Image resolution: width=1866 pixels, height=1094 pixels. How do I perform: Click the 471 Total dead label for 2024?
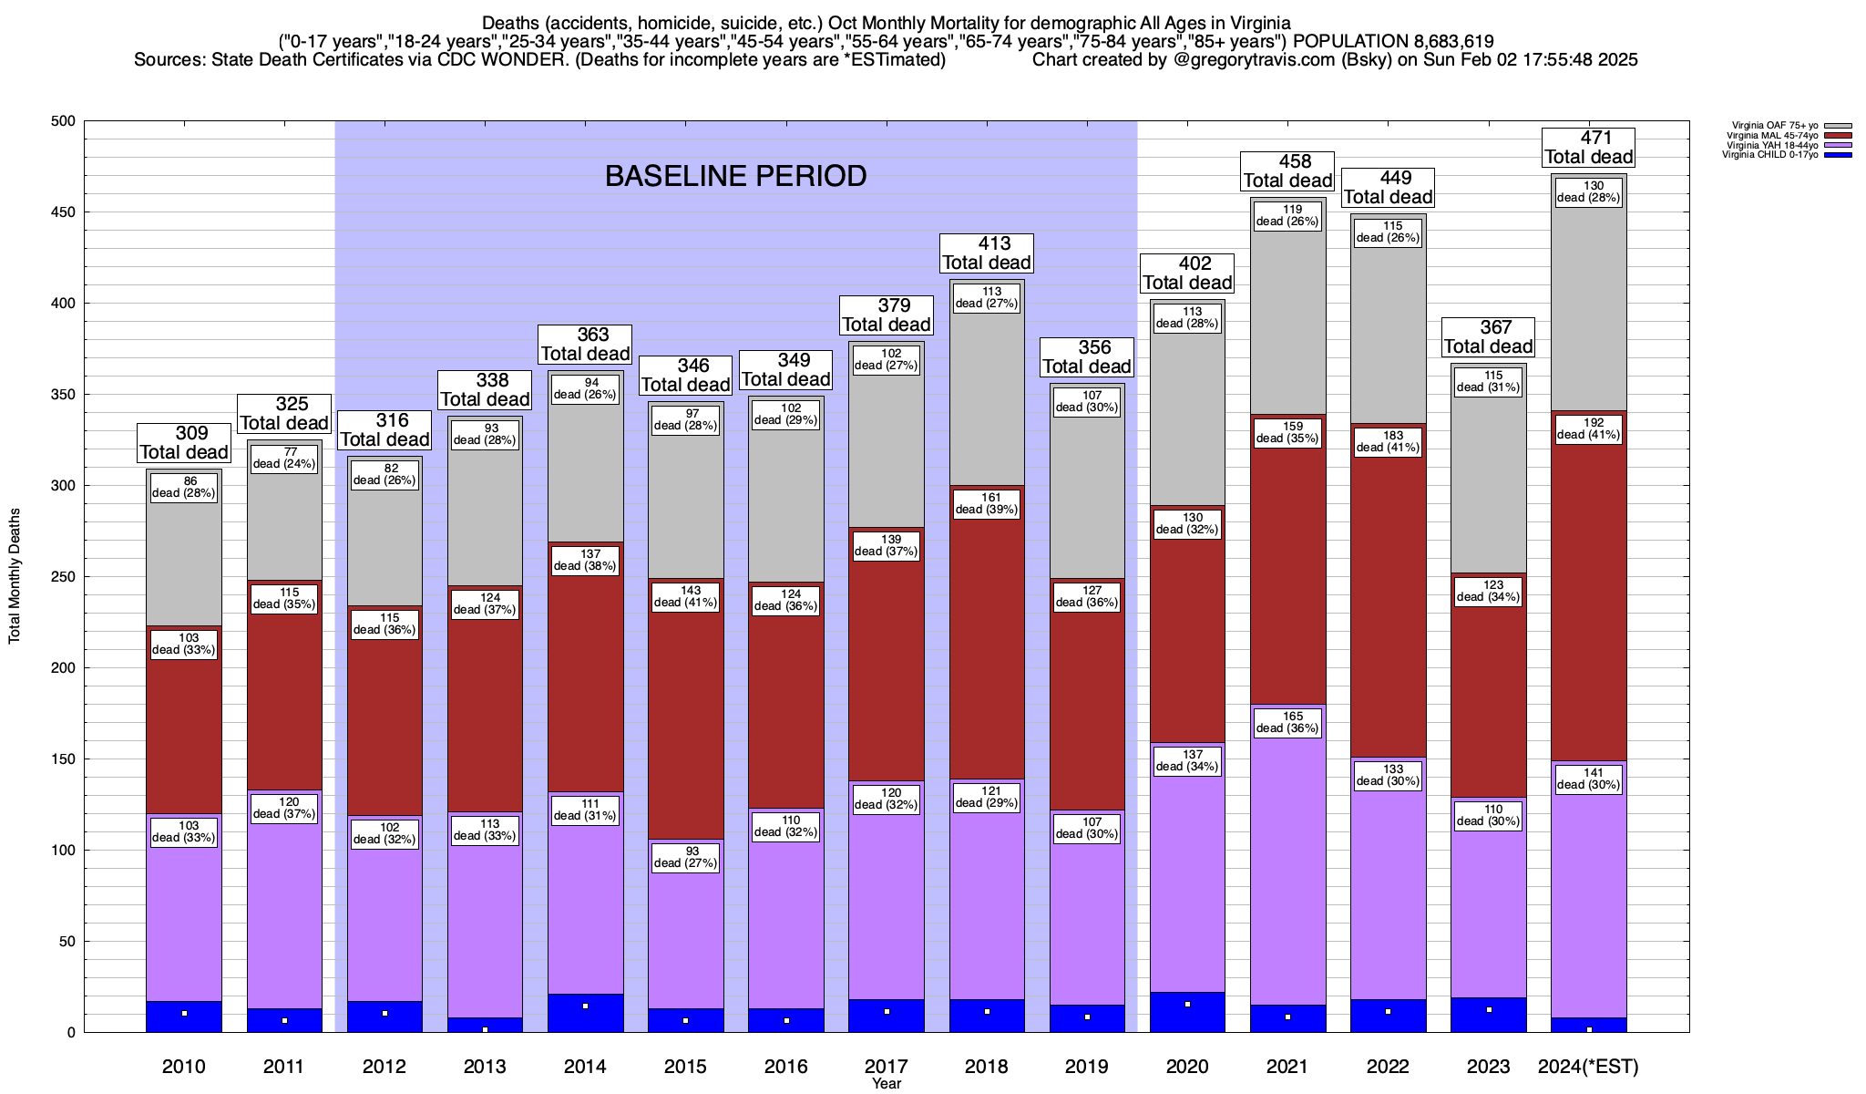(1588, 148)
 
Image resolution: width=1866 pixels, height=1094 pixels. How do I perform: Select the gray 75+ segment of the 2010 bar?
(184, 547)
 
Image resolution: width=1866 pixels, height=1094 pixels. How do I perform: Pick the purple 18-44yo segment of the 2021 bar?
(1287, 866)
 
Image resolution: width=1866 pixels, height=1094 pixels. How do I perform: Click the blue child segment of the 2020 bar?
(1187, 1012)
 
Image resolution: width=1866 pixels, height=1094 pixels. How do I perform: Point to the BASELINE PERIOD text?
(735, 176)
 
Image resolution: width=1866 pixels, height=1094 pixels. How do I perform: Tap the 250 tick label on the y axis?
(65, 577)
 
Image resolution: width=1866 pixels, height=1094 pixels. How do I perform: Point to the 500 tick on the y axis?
(65, 121)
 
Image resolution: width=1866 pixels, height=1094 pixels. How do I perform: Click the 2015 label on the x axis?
(685, 1067)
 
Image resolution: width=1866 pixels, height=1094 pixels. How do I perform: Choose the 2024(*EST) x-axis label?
(1588, 1067)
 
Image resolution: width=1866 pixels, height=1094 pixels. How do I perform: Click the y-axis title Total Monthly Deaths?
(15, 576)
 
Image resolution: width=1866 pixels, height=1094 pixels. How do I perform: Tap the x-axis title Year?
(886, 1083)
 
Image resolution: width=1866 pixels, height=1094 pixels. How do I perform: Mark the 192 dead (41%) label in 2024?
(1588, 428)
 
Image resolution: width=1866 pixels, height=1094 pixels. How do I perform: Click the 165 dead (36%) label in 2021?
(1287, 722)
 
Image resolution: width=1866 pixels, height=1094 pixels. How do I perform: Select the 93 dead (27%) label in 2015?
(685, 857)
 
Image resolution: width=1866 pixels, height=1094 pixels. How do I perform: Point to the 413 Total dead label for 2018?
(987, 253)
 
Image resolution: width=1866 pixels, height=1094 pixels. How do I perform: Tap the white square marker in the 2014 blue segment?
(585, 1006)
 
